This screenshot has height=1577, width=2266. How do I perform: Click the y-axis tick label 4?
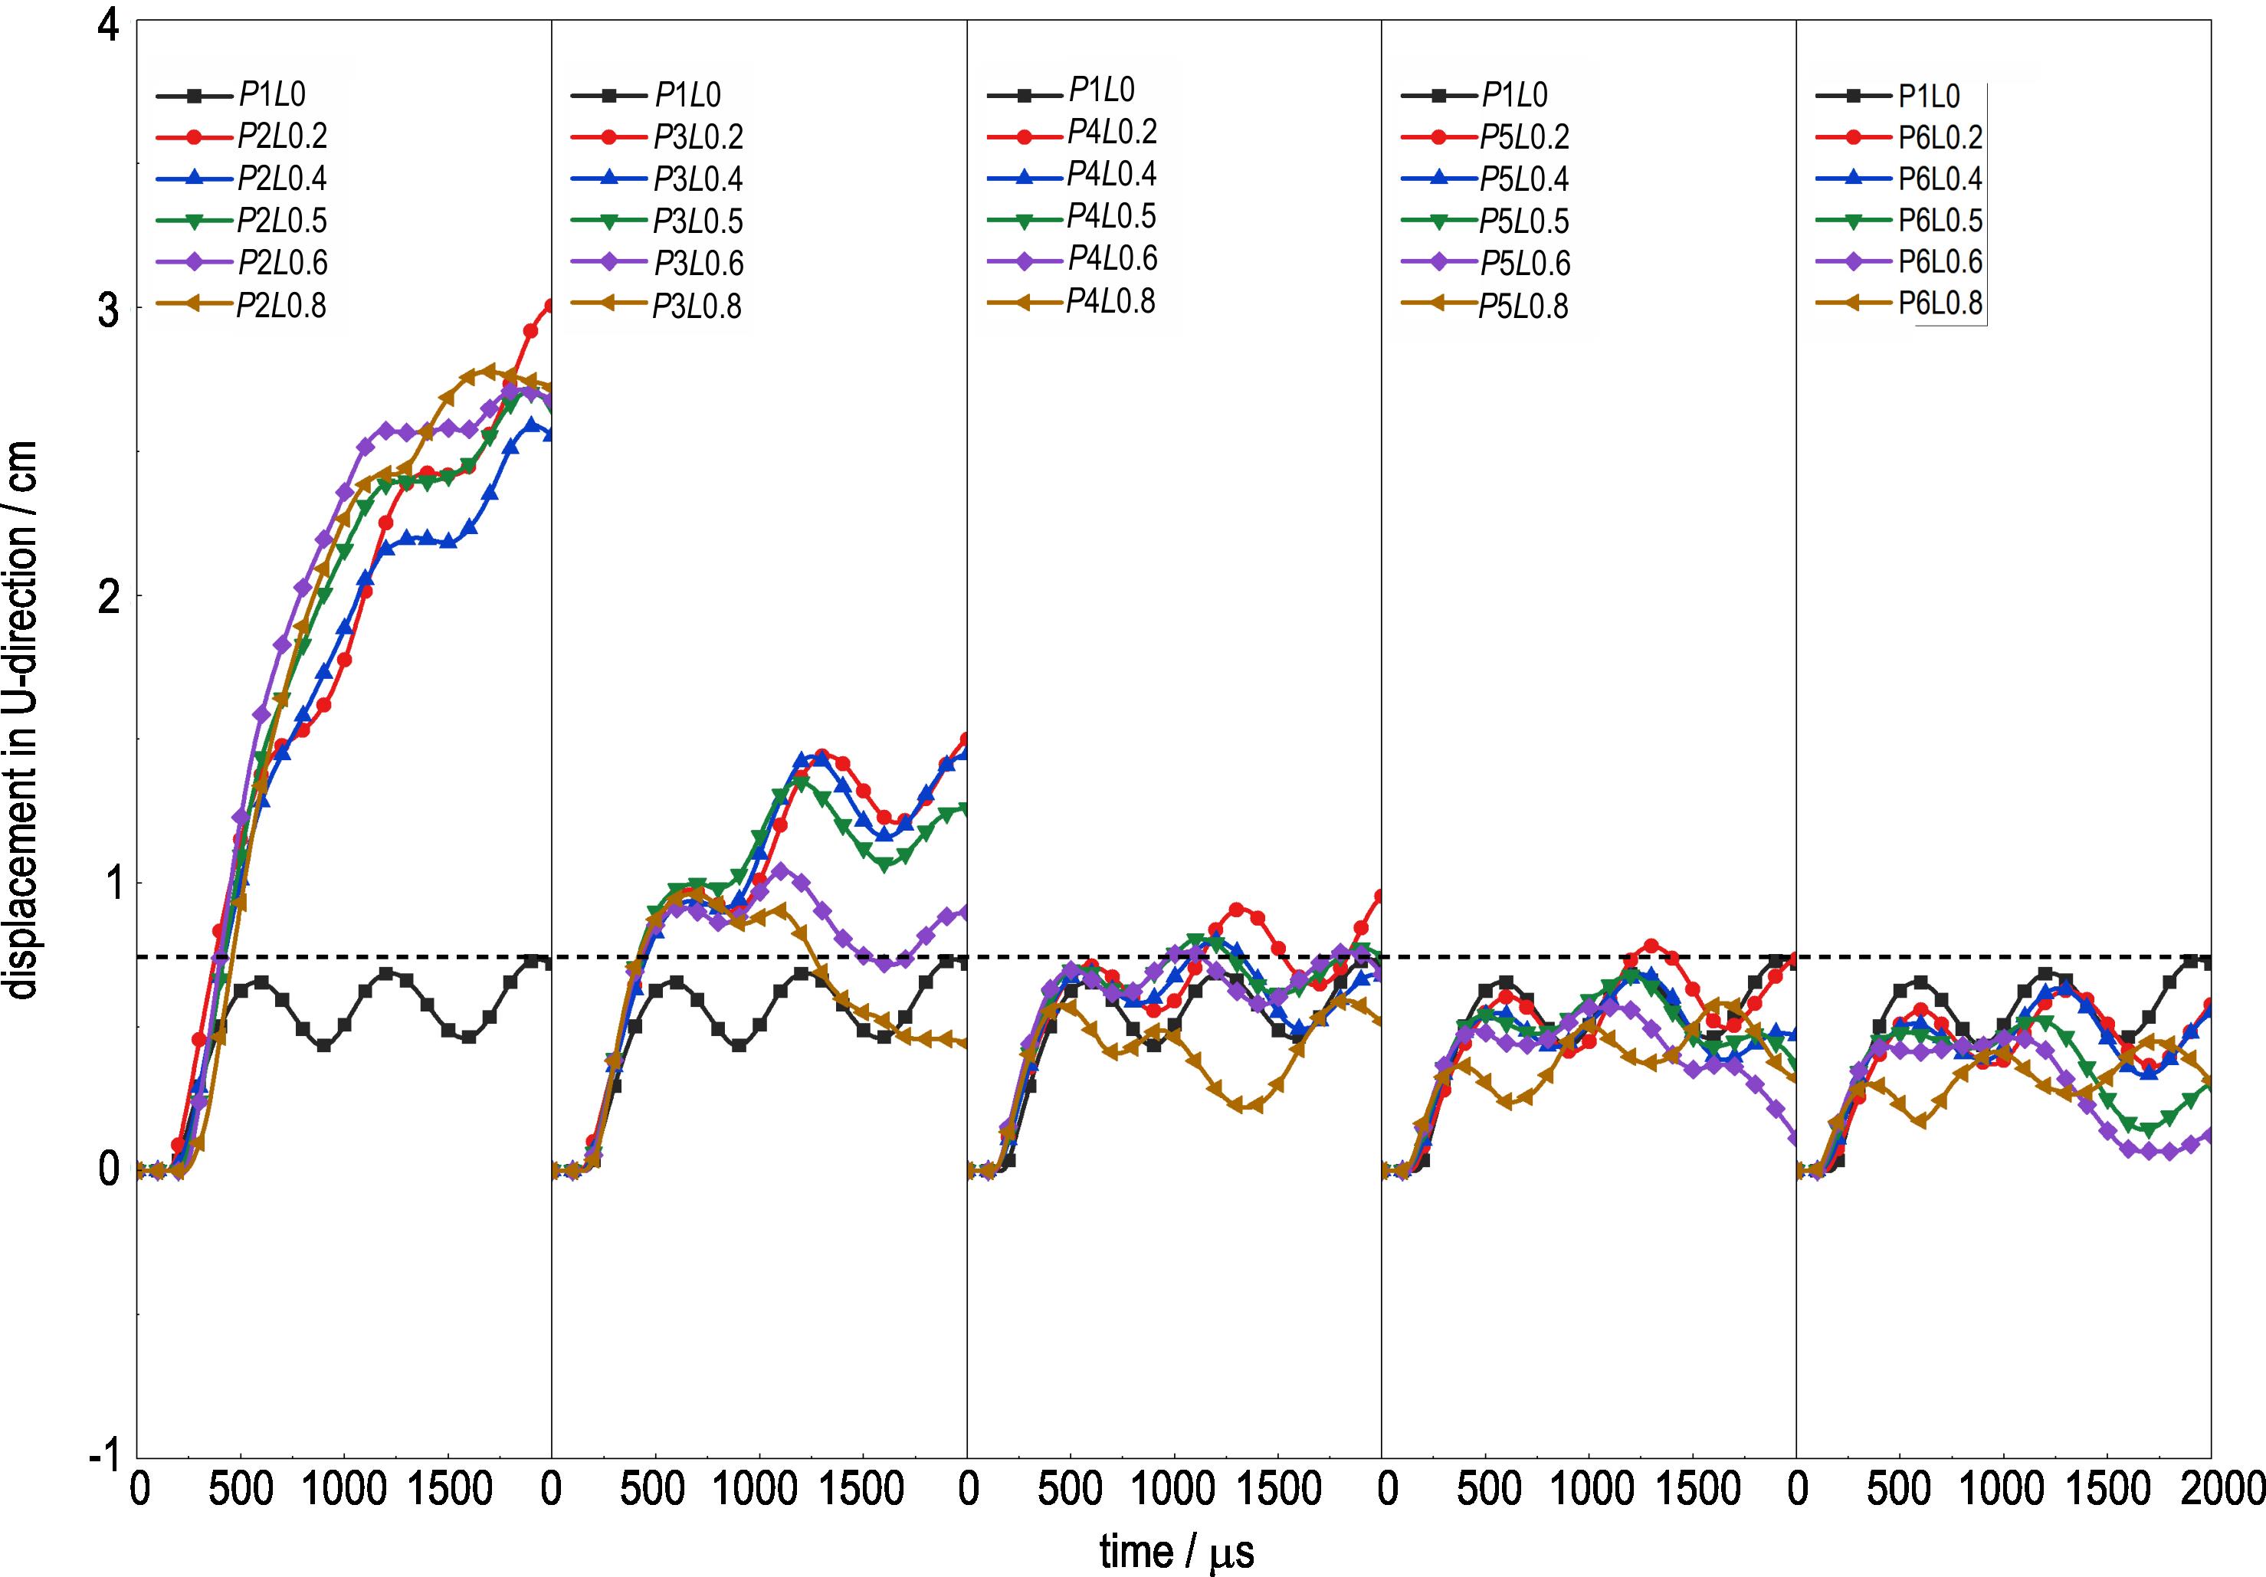pos(107,24)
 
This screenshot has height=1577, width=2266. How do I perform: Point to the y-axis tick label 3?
pos(107,309)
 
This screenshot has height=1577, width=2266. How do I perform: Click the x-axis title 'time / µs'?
pos(1176,1552)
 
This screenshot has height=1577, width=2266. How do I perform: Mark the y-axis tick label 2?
pos(107,596)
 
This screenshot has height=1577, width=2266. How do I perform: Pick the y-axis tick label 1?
pos(107,884)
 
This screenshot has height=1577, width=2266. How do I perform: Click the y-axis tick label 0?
pos(107,1170)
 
